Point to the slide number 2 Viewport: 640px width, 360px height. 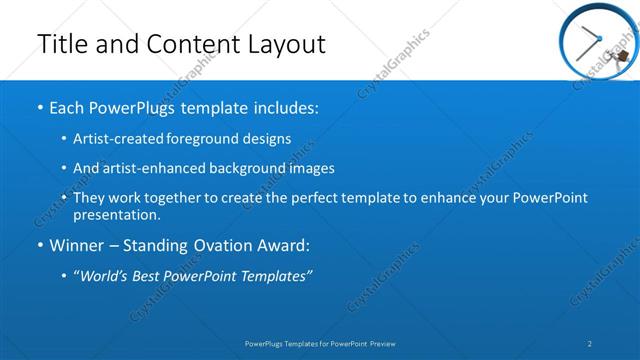[x=590, y=343]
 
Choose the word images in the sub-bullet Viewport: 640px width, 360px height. [x=311, y=168]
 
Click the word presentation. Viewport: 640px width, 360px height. [x=117, y=214]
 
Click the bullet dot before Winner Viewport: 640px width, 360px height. [x=40, y=246]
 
